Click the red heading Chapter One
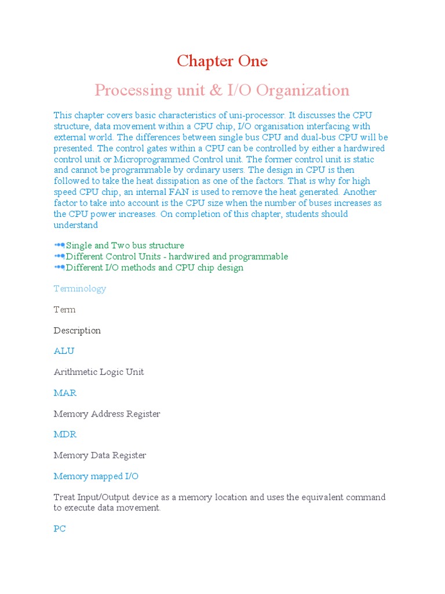222,61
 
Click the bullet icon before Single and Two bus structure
59,246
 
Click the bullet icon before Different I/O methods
59,268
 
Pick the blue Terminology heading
79,289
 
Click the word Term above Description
64,310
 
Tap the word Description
77,331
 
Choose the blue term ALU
64,352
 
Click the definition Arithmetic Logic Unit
99,372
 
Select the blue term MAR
65,393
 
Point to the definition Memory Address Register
107,414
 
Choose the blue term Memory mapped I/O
96,477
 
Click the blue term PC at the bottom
60,529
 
